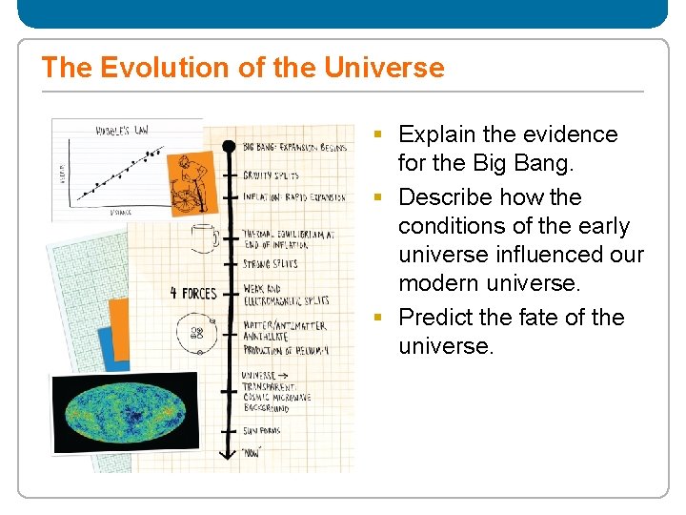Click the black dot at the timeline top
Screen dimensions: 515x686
[x=228, y=146]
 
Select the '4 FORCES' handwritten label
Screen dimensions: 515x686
[x=193, y=293]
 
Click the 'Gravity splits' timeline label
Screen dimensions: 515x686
[x=271, y=175]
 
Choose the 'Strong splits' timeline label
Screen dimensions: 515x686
[x=270, y=263]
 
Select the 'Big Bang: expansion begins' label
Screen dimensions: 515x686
[x=293, y=147]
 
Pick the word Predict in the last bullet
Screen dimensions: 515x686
[x=437, y=317]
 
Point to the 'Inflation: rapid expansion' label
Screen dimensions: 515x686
[x=293, y=197]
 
